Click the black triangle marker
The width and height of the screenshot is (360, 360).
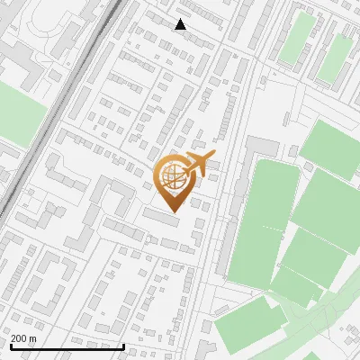[181, 24]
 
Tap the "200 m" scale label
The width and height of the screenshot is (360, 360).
[23, 338]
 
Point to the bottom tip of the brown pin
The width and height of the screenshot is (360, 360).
[173, 212]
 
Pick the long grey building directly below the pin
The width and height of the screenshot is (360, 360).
[161, 217]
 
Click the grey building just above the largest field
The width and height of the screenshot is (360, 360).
[263, 146]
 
